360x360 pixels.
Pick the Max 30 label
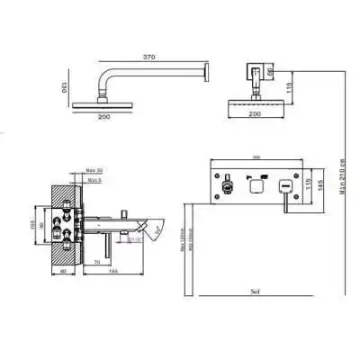pyautogui.click(x=94, y=169)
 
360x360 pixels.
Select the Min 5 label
pyautogui.click(x=93, y=180)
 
